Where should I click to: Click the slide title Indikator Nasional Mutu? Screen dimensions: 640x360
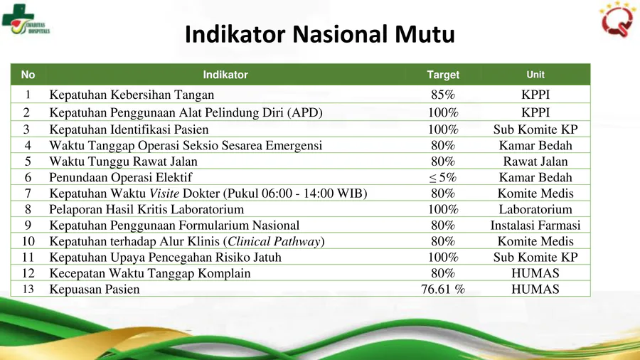click(x=319, y=34)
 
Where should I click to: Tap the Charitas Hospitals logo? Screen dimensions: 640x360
click(x=26, y=20)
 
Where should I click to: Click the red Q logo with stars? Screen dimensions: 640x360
click(x=617, y=19)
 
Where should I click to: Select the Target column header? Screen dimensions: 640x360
click(x=443, y=75)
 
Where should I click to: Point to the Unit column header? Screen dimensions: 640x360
click(x=535, y=75)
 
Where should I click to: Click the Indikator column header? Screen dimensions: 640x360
click(x=225, y=75)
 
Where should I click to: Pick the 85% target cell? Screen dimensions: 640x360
click(x=443, y=95)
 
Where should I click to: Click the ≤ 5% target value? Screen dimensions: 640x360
click(x=443, y=178)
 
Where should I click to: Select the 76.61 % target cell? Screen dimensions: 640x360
click(x=443, y=290)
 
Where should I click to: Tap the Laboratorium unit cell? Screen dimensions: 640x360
click(x=535, y=209)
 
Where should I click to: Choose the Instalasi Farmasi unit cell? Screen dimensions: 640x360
click(x=535, y=226)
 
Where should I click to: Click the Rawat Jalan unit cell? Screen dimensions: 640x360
click(x=535, y=162)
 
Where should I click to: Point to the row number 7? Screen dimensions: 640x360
click(x=28, y=194)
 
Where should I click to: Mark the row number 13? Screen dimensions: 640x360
click(x=28, y=290)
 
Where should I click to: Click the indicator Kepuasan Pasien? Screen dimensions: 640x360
click(x=95, y=290)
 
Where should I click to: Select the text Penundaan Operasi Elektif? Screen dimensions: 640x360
click(x=120, y=178)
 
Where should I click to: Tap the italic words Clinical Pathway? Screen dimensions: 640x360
click(x=274, y=242)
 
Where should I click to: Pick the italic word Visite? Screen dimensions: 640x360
click(x=164, y=194)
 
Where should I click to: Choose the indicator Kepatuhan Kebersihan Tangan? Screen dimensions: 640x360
click(x=132, y=95)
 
